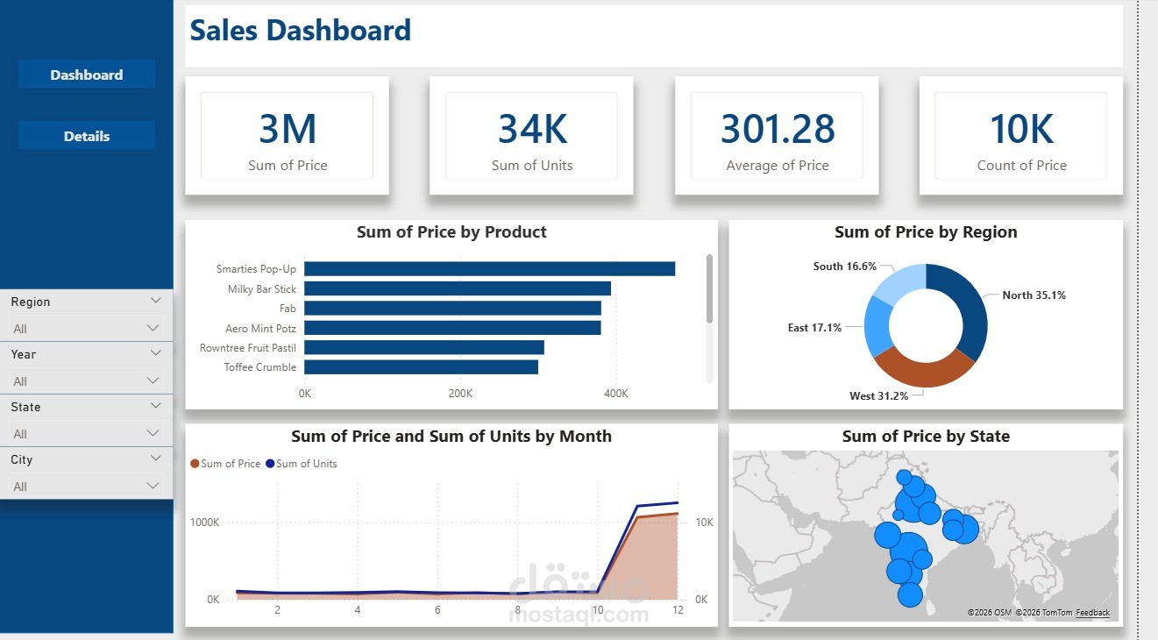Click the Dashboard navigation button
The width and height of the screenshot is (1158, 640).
(86, 75)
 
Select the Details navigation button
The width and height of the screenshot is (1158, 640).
(86, 136)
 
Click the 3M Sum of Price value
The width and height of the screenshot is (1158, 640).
(288, 129)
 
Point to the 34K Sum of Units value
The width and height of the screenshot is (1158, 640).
(532, 129)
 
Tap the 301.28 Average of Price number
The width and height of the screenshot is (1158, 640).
(778, 129)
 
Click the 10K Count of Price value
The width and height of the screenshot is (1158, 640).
(1021, 129)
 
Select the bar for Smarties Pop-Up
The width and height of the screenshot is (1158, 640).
(489, 269)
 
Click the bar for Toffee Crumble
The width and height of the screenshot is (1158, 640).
(421, 367)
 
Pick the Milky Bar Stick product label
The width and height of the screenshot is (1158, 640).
(262, 289)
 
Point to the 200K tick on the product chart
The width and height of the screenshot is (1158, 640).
(460, 394)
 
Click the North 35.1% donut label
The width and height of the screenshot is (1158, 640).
(1034, 295)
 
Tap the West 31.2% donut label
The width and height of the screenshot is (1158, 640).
(878, 396)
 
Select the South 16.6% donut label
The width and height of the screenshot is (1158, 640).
(844, 267)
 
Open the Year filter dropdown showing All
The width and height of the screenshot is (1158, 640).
(86, 381)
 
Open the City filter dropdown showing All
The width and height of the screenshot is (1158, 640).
(86, 487)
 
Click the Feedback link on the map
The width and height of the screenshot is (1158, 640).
(1092, 613)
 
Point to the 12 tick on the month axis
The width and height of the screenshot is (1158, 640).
(677, 609)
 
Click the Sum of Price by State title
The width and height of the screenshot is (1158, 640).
(926, 437)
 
